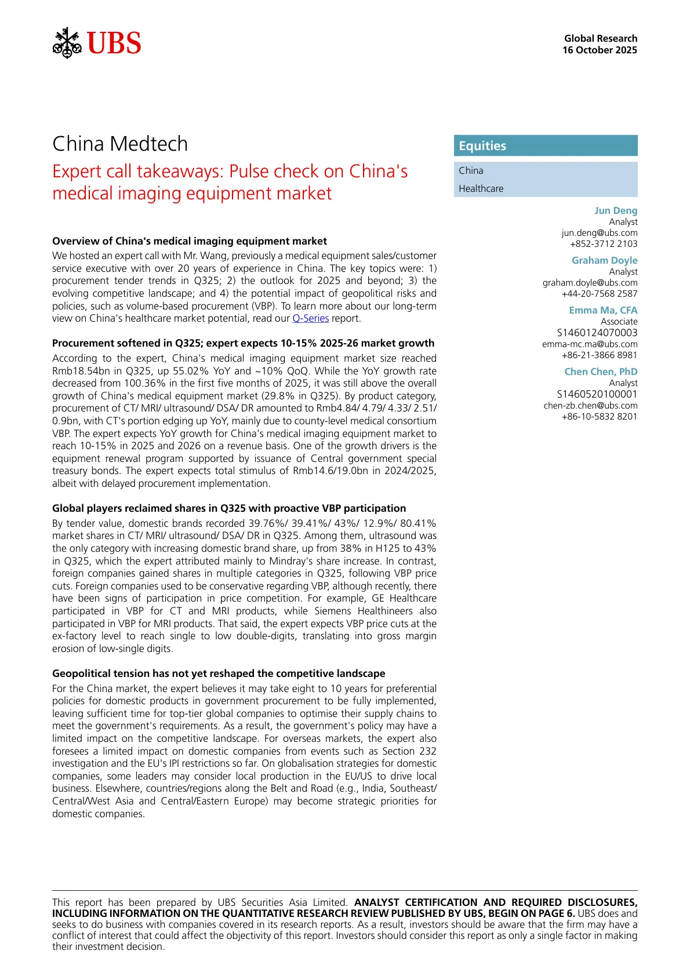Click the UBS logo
(97, 43)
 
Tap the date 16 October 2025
(600, 50)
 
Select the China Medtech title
(120, 144)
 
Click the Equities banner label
(482, 146)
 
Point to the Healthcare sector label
(481, 188)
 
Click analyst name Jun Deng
(615, 210)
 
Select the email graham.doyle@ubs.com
(590, 282)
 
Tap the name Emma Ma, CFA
(603, 310)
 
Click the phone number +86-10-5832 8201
(599, 416)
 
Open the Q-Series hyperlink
(310, 318)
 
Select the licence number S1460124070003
(597, 333)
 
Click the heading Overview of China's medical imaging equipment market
(190, 241)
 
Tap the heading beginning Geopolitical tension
(219, 673)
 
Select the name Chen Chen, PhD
(601, 372)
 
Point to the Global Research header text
(601, 38)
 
